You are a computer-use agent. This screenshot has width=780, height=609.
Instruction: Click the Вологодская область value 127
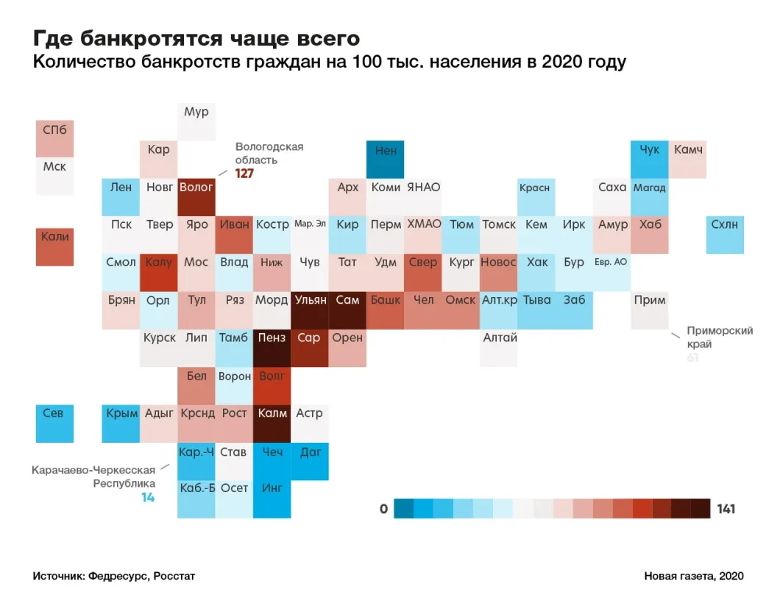point(244,174)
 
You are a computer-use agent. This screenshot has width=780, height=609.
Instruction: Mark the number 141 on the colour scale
point(726,509)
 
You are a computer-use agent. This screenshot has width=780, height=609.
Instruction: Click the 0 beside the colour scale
point(383,509)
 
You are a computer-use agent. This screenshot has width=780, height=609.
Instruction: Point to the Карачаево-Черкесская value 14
point(148,497)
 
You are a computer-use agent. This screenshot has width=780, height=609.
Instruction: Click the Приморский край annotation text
point(719,337)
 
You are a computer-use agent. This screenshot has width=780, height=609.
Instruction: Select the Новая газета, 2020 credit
point(694,576)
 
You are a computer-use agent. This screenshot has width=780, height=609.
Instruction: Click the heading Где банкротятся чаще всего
point(196,38)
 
